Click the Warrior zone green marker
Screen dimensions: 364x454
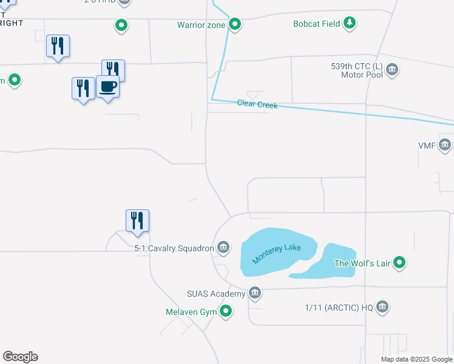pos(235,25)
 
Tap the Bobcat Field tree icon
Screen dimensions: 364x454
pos(350,24)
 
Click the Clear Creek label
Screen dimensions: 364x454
pos(257,104)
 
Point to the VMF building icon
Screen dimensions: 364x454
pos(445,146)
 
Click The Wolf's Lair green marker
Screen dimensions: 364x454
pos(399,263)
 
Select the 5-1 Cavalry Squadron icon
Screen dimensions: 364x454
pos(223,248)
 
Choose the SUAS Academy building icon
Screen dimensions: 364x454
pos(255,294)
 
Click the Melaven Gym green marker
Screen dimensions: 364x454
pos(226,312)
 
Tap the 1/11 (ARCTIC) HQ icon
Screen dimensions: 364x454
pos(382,307)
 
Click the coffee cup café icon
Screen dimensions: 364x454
pos(107,87)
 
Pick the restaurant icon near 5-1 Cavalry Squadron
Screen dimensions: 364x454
pos(137,220)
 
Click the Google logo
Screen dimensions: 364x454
pos(20,357)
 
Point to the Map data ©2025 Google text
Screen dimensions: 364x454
pos(416,359)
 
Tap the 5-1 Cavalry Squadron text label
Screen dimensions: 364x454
pos(174,248)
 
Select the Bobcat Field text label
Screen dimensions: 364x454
pos(317,24)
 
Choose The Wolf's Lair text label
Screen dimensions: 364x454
pos(362,264)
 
